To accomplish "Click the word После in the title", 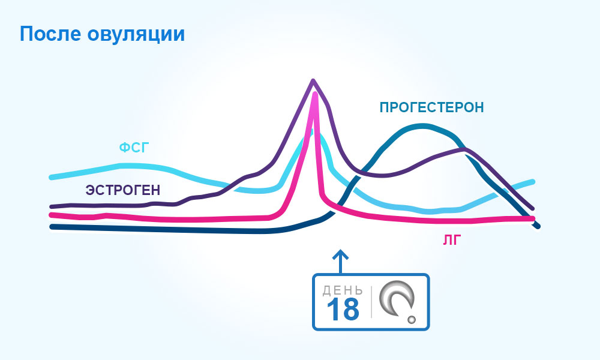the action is coord(50,34).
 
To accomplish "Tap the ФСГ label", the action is coord(134,147).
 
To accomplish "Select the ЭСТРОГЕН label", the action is coord(122,190).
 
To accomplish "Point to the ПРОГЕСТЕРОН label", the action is coord(431,107).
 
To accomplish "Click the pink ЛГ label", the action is coord(452,240).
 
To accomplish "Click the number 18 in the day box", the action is coord(343,309).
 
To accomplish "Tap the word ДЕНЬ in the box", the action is coord(343,291).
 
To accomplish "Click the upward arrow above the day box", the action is coord(340,262).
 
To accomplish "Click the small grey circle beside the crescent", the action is coord(412,319).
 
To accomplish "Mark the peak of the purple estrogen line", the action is coord(313,80).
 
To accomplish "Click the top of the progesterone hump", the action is coord(422,125).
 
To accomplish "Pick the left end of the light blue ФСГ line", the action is coord(52,177).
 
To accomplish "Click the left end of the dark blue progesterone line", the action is coord(52,227).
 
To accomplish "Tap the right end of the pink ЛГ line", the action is coord(532,219).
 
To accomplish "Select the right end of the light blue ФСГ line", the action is coord(532,182).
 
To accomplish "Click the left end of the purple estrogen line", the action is coord(52,206).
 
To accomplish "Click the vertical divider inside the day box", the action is coord(371,302).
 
